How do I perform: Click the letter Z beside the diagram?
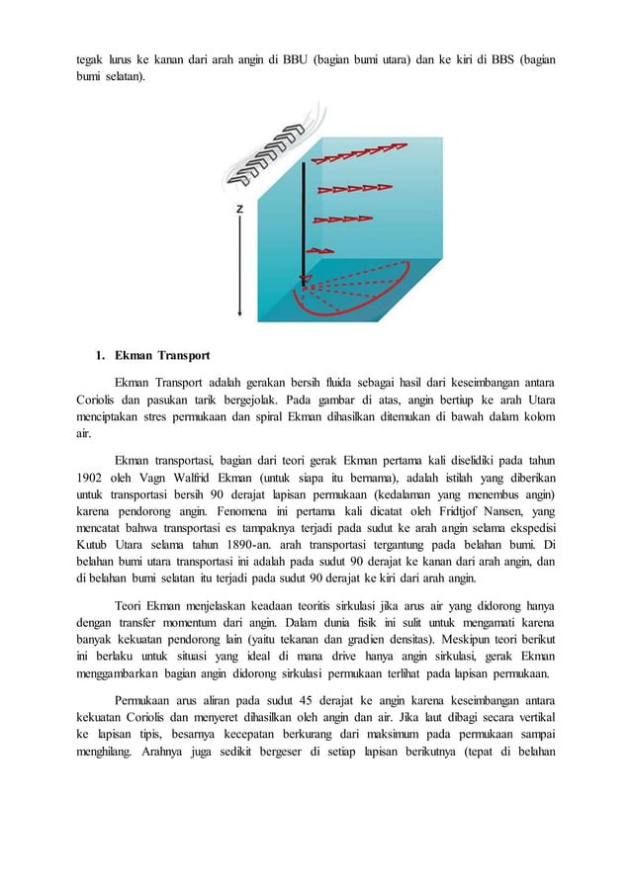tap(240, 210)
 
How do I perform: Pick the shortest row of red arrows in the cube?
tap(319, 250)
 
